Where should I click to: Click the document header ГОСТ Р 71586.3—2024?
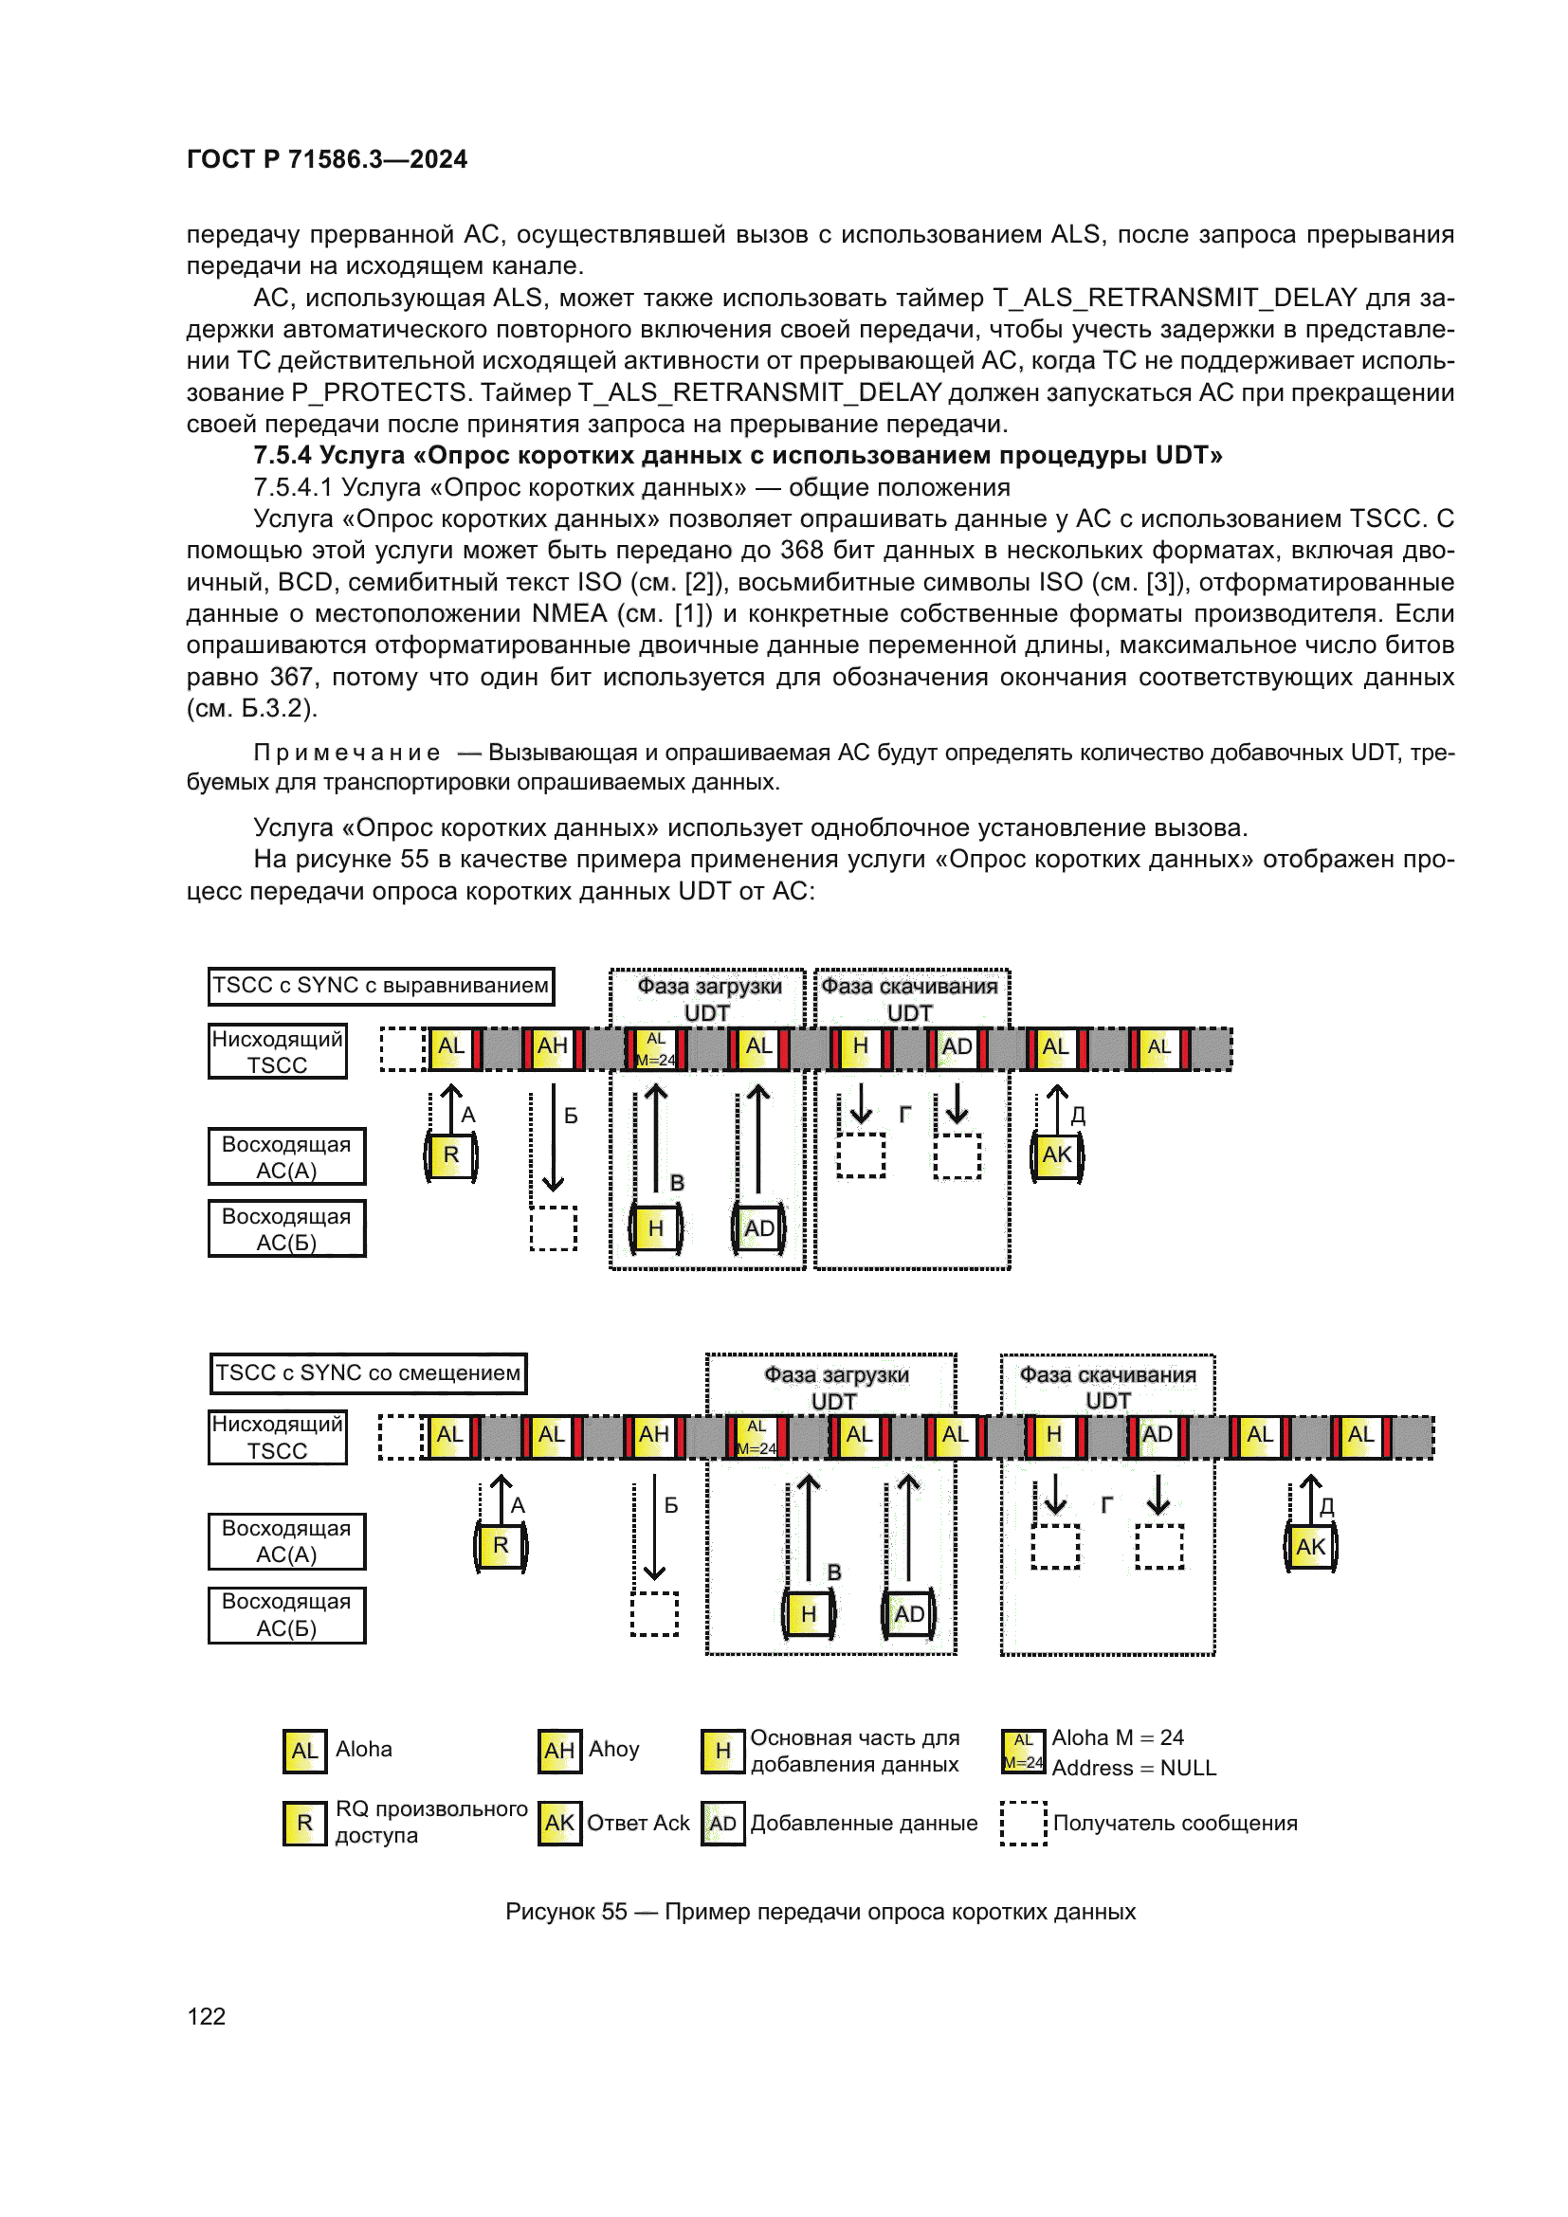coord(326,159)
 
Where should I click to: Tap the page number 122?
coord(206,2016)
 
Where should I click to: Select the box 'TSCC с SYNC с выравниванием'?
coord(380,986)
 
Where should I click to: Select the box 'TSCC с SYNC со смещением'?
coord(368,1373)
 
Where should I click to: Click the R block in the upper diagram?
coord(451,1154)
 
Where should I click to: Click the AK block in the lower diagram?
coord(1310,1547)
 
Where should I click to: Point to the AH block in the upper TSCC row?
coord(553,1046)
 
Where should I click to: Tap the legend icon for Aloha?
coord(304,1751)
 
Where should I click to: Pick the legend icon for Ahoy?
coord(559,1751)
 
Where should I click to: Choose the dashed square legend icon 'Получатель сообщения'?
coord(1023,1823)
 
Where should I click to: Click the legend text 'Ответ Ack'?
coord(638,1823)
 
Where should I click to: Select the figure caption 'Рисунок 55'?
coord(566,1912)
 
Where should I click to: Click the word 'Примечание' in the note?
coord(347,753)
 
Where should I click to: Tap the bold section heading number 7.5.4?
coord(282,456)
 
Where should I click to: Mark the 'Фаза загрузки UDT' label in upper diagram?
coord(708,998)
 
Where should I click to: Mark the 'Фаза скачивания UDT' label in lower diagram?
coord(1107,1387)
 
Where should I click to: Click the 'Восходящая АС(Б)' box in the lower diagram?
coord(286,1614)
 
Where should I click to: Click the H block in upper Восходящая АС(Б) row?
coord(656,1228)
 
